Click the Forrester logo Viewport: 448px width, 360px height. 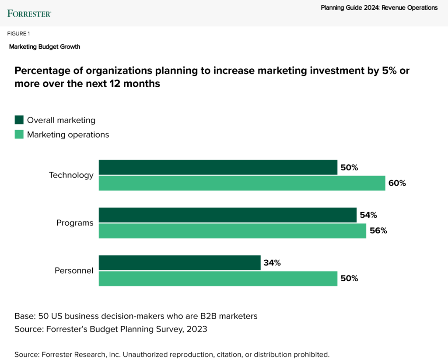(29, 13)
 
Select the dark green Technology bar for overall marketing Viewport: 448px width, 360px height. (218, 167)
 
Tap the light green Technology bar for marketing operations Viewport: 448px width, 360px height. (242, 183)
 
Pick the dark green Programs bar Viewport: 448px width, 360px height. (227, 215)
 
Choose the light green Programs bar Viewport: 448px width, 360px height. (232, 231)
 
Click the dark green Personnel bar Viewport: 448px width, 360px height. (179, 263)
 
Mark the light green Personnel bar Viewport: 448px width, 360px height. (218, 279)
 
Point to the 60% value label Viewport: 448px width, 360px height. (397, 183)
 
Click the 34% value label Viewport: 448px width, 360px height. (272, 263)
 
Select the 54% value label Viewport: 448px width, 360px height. (367, 215)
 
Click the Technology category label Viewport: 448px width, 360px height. (71, 175)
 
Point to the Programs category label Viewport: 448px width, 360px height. (75, 223)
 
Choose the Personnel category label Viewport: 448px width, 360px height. (74, 271)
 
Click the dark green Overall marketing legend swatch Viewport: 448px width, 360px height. (19, 120)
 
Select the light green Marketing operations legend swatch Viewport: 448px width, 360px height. (19, 134)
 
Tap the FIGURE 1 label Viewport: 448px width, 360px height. (18, 34)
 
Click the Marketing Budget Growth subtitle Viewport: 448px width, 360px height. (45, 46)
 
